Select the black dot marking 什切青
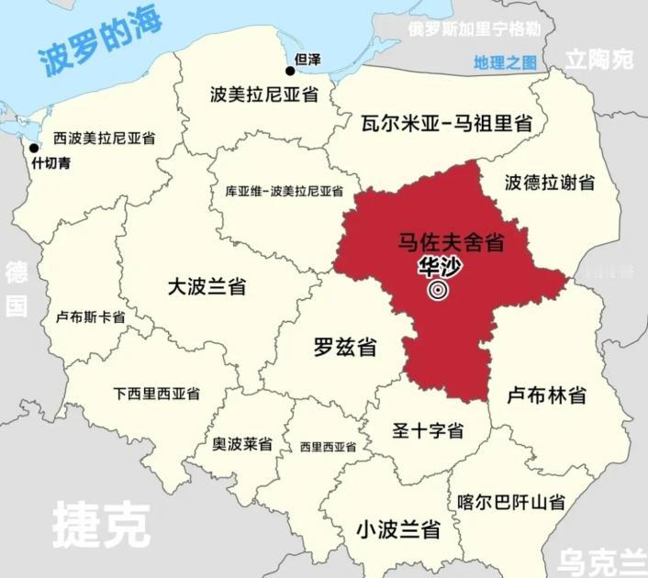tap(34, 148)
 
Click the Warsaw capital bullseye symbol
tap(438, 291)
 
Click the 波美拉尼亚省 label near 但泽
tap(263, 94)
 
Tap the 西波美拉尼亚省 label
tap(104, 138)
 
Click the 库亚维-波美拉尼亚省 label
tap(284, 192)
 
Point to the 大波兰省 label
tap(207, 286)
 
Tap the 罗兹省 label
tap(344, 348)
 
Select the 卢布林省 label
tap(547, 395)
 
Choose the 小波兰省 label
tap(397, 529)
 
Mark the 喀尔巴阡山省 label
tap(510, 502)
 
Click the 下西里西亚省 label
tap(156, 394)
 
